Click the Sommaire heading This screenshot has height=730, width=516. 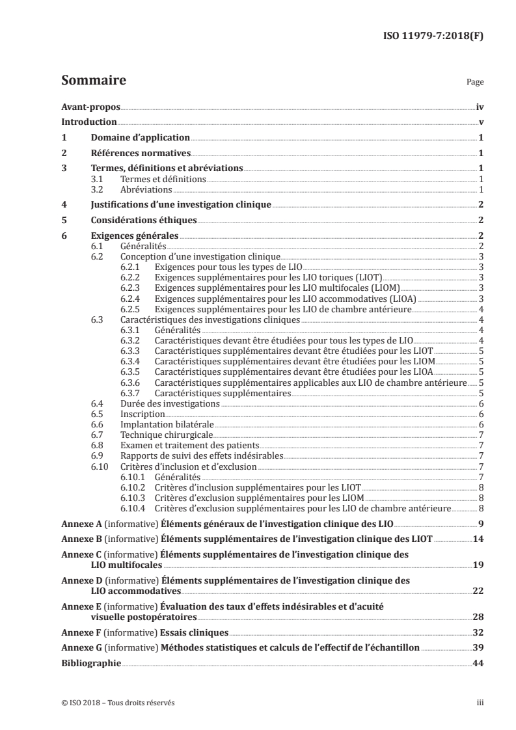[94, 81]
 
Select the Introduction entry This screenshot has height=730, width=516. [88, 122]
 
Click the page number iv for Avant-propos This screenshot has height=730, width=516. [479, 107]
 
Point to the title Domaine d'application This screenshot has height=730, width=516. [140, 138]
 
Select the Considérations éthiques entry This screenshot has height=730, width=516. [143, 221]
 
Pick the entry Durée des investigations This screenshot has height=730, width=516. [171, 403]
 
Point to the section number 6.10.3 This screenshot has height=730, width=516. [133, 498]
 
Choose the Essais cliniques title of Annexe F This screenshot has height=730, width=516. [194, 632]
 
